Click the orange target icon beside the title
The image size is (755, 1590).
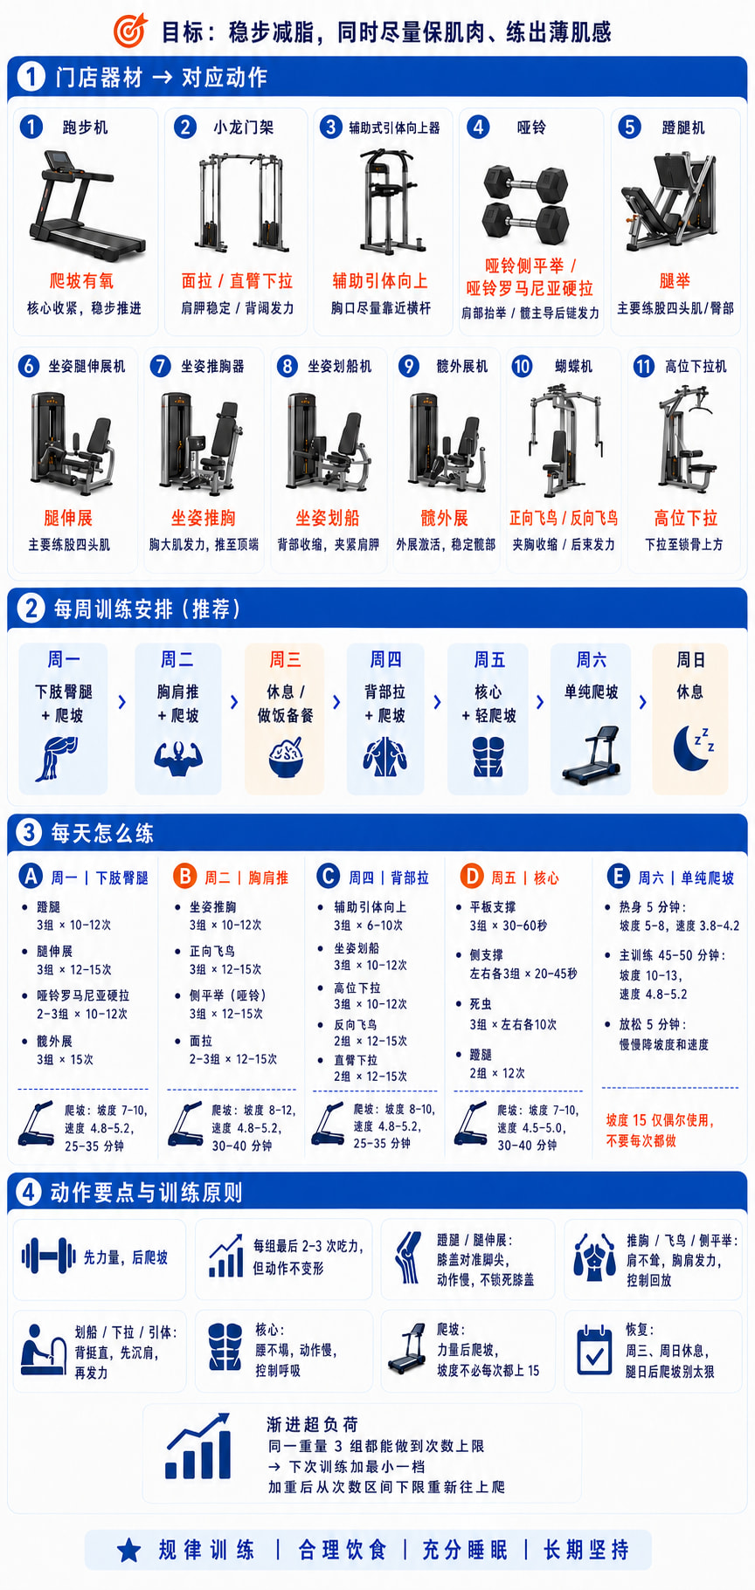130,31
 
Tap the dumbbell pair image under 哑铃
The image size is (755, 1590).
526,205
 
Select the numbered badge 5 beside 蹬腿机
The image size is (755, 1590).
629,127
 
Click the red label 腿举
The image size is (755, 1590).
675,281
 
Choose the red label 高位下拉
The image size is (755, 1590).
686,519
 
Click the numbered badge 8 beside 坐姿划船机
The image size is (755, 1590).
287,366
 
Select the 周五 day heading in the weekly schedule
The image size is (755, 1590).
489,659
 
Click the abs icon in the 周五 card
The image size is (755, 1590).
488,756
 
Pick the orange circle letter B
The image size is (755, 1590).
184,876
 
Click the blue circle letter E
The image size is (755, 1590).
618,877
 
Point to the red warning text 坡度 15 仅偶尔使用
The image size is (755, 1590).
660,1120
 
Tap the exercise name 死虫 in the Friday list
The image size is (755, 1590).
481,1004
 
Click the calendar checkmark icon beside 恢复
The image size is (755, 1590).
595,1350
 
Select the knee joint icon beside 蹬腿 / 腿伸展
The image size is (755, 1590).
407,1257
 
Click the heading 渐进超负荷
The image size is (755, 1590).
312,1424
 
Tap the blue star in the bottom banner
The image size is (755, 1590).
129,1550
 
